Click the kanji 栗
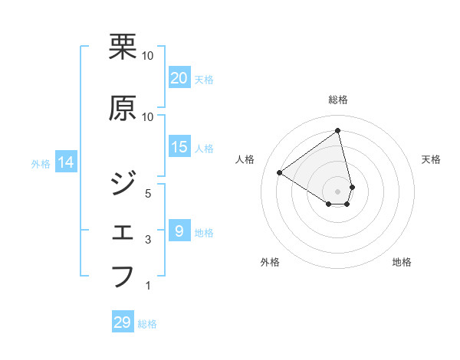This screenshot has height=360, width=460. click(x=123, y=47)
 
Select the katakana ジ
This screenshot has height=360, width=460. click(x=123, y=182)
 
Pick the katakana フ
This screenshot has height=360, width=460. click(x=123, y=276)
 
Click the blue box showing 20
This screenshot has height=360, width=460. click(x=179, y=78)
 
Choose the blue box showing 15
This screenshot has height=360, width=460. click(x=179, y=147)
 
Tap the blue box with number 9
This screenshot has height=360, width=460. click(x=179, y=231)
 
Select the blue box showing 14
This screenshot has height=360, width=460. click(x=66, y=162)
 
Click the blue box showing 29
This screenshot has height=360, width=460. click(x=123, y=322)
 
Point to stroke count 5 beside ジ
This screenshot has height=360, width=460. click(x=149, y=193)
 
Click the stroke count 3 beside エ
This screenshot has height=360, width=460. click(x=149, y=240)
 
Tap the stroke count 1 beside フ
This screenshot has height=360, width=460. click(x=149, y=286)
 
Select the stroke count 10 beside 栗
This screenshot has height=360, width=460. click(x=148, y=55)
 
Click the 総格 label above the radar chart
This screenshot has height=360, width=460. click(x=338, y=100)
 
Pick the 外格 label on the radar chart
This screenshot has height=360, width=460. click(x=270, y=262)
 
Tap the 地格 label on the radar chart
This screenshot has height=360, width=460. click(x=402, y=262)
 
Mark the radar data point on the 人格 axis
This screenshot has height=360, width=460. click(x=279, y=172)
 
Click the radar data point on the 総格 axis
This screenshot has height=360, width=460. click(x=338, y=131)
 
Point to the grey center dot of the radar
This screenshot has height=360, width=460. click(x=338, y=191)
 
